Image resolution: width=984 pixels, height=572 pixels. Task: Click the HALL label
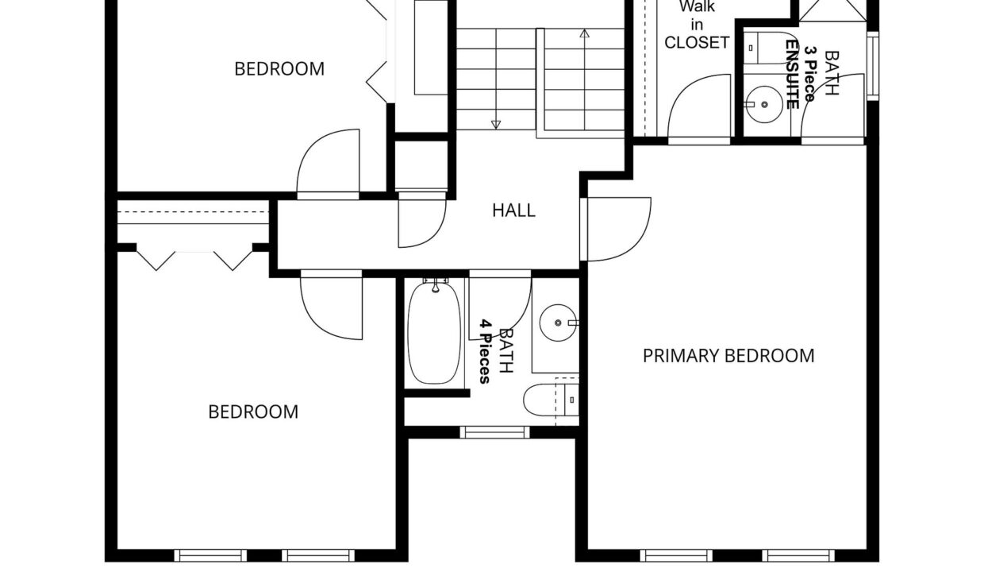513,211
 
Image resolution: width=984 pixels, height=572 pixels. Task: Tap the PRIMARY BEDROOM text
728,356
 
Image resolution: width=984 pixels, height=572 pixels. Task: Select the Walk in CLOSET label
697,25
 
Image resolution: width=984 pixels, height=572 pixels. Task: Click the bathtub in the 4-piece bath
434,333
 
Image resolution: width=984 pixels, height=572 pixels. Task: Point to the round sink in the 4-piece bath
558,323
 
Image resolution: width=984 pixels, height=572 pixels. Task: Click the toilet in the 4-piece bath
551,400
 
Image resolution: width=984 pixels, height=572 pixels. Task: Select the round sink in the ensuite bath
764,104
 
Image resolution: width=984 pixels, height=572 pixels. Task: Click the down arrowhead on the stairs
495,125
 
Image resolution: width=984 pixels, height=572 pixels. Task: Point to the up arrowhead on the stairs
584,33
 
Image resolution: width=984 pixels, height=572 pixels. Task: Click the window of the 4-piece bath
494,432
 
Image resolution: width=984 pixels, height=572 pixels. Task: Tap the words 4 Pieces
485,352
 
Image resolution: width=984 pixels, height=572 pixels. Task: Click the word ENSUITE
792,74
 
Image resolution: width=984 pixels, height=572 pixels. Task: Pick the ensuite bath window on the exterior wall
873,66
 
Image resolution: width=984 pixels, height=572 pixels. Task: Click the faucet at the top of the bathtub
436,285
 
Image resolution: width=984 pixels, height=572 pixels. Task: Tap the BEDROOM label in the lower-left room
253,412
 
